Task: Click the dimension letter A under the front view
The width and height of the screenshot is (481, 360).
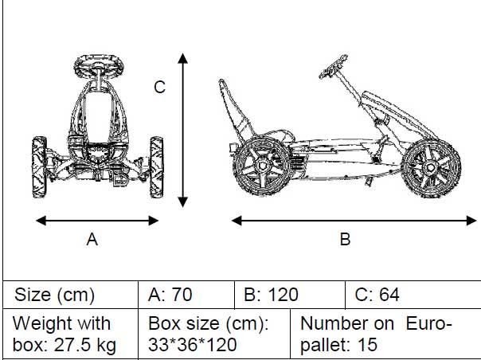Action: pos(92,239)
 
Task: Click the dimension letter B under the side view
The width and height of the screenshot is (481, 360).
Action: pos(345,239)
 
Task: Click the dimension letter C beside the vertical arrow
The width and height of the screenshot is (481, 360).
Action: pos(159,88)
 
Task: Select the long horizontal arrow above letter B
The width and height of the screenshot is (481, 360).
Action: pos(347,217)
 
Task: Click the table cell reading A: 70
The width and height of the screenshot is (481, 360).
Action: pos(170,295)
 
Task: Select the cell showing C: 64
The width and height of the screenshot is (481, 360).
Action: pos(377,295)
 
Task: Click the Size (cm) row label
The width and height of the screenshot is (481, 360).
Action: pos(54,295)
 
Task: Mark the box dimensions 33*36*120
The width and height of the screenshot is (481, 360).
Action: pos(194,346)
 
